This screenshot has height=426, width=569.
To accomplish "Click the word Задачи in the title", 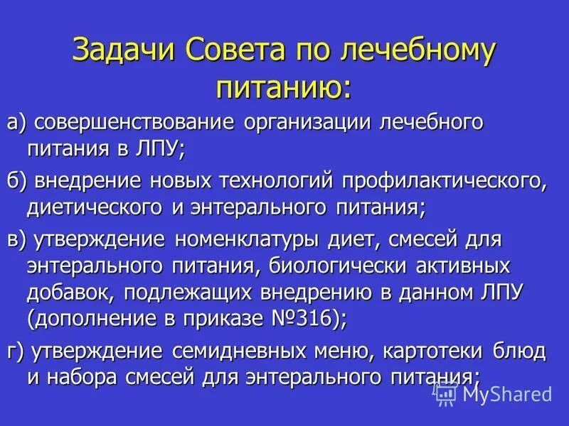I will click(124, 53).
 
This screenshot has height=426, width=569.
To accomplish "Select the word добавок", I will click(70, 292).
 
